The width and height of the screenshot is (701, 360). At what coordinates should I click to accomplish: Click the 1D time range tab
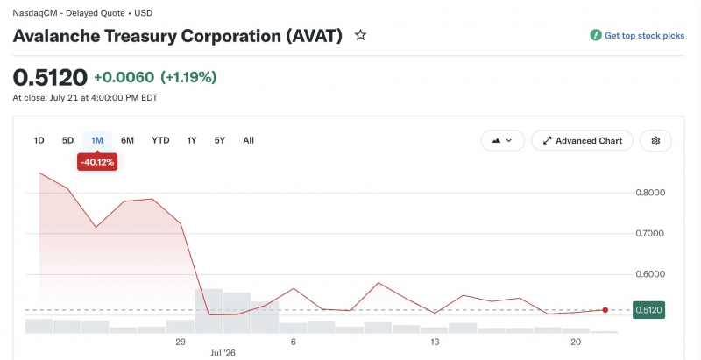(39, 141)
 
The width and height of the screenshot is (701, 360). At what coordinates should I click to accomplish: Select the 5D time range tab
(67, 141)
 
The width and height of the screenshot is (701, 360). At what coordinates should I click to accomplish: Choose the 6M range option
(127, 141)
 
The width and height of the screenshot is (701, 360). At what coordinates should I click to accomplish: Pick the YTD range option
(160, 141)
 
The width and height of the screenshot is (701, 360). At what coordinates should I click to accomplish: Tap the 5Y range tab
(220, 141)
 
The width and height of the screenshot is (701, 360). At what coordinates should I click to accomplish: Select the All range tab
(249, 141)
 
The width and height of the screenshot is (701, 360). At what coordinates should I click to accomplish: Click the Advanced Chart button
(582, 141)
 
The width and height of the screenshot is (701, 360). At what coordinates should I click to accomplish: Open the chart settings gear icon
(655, 141)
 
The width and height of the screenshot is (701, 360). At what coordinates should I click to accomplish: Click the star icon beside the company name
(360, 35)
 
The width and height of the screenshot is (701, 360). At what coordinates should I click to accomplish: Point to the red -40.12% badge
(97, 162)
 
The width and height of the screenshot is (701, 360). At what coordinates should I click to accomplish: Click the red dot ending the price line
(605, 310)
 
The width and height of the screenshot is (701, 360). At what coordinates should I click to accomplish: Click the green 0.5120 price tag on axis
(648, 310)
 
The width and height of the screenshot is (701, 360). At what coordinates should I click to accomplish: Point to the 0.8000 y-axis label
(650, 193)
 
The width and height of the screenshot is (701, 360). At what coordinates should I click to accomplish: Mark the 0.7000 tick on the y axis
(650, 234)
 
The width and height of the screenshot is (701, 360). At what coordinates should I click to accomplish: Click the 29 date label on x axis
(181, 342)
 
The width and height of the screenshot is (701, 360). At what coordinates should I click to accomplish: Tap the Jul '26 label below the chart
(223, 353)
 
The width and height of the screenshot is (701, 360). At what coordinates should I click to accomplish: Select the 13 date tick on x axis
(435, 342)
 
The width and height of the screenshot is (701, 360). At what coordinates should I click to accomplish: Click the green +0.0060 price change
(124, 77)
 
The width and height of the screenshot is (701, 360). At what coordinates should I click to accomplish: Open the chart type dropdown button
(502, 141)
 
